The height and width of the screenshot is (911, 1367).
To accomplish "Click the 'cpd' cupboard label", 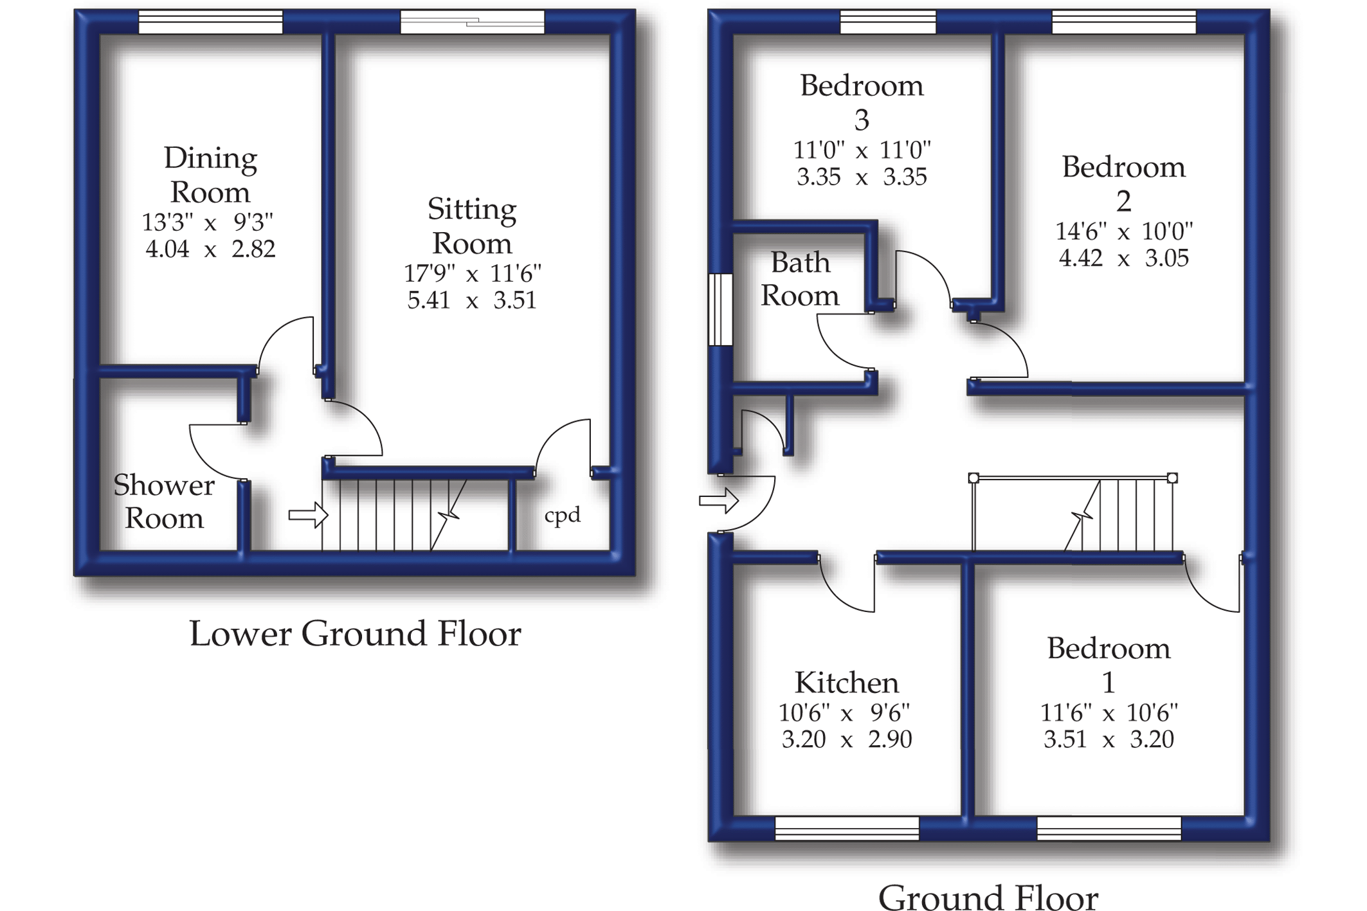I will click(562, 515).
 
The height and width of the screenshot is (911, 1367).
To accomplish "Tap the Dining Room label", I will click(210, 175).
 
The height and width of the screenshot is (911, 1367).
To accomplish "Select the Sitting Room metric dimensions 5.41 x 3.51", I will click(471, 300).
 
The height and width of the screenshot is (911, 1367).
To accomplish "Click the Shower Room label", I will click(164, 501).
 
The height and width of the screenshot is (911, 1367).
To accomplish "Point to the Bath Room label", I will click(800, 279).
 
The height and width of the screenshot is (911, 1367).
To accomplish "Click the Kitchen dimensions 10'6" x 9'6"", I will click(844, 712).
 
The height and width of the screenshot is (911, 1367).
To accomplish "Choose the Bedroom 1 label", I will click(1109, 665).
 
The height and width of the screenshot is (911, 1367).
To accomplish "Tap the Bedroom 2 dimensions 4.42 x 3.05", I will click(1123, 258).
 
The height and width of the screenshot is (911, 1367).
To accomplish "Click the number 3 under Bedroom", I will click(862, 120).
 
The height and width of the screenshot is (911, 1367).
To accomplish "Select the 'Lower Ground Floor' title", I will click(355, 634).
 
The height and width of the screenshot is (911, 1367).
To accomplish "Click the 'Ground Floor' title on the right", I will click(988, 896).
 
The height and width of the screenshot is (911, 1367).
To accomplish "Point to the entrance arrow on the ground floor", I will click(718, 500).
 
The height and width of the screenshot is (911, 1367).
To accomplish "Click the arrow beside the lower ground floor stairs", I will click(308, 515).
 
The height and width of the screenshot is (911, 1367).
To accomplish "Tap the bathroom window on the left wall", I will click(720, 310).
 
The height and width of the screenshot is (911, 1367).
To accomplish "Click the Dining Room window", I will click(211, 23).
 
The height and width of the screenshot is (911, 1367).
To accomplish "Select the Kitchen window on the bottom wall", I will click(847, 828).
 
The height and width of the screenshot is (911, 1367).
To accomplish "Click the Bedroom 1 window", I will click(1109, 828).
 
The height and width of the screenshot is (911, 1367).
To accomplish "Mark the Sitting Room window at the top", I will click(472, 23).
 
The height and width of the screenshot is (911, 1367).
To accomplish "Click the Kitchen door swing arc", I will click(842, 595).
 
